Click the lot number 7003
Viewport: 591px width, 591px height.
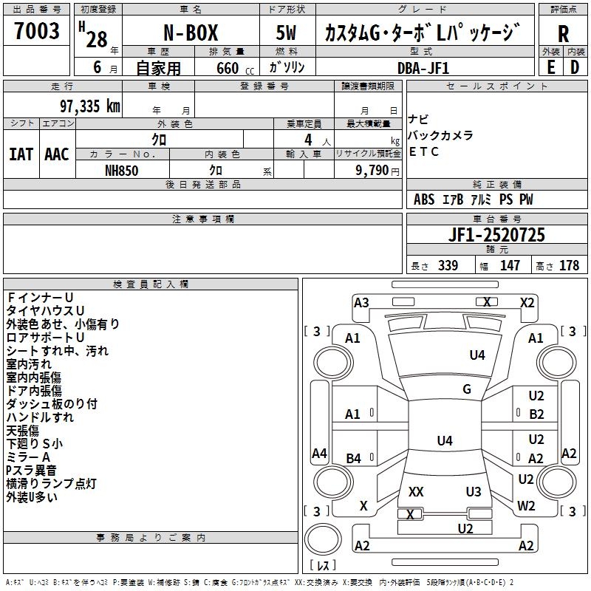[x=37, y=31]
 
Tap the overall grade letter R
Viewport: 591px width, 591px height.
[x=563, y=34]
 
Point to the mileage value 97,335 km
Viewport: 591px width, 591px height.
[x=85, y=106]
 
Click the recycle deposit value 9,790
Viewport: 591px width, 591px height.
[x=377, y=170]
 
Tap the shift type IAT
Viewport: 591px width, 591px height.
[x=21, y=154]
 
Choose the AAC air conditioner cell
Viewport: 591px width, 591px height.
[x=57, y=154]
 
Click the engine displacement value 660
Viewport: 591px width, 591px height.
[x=228, y=68]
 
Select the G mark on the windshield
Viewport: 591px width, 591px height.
[x=467, y=389]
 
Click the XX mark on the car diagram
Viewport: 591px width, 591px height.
[x=416, y=492]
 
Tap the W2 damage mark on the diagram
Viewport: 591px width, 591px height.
[x=526, y=506]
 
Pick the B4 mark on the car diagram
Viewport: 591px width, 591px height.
[x=353, y=459]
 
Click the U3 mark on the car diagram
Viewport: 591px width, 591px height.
[x=474, y=492]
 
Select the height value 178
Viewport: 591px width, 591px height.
[x=569, y=266]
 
